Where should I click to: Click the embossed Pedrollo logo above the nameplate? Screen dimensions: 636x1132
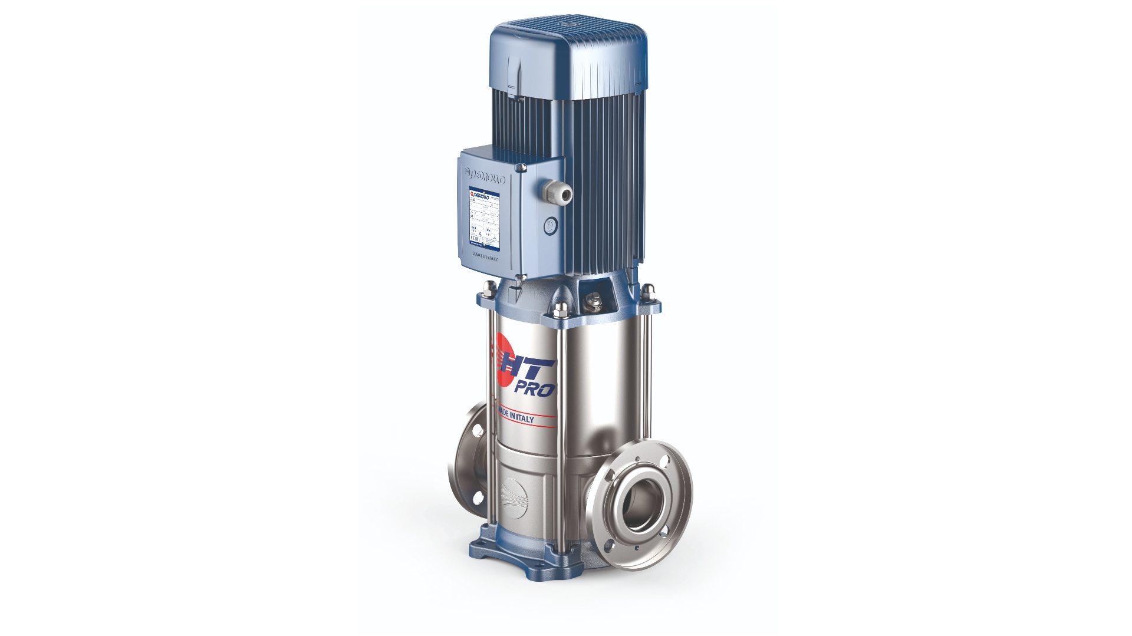coord(485,176)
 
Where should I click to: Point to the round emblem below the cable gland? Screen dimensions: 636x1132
coord(550,225)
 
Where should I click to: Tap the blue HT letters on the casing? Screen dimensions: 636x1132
coord(531,368)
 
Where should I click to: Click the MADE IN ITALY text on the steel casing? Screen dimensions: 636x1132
coord(516,416)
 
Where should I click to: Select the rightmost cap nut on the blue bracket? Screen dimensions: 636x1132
coord(648,289)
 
